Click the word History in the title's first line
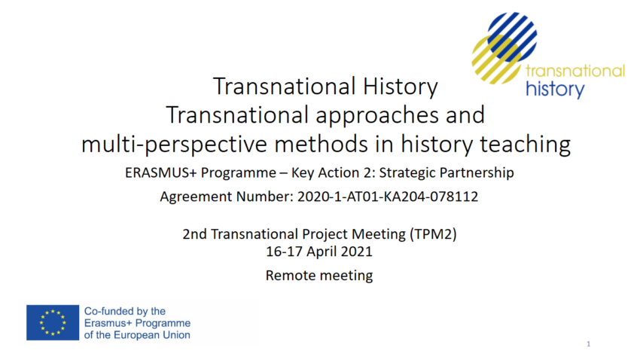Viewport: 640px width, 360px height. click(x=400, y=87)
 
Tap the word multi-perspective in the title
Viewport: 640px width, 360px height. click(x=175, y=145)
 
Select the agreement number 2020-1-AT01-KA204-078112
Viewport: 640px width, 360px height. click(x=387, y=197)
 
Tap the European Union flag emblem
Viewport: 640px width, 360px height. click(x=53, y=322)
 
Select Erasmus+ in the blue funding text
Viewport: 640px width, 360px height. click(x=108, y=323)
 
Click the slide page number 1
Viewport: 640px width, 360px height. click(x=589, y=344)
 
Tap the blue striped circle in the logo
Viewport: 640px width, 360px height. click(x=512, y=37)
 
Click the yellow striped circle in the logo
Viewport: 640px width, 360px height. click(x=497, y=59)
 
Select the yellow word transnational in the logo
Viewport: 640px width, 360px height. click(x=575, y=71)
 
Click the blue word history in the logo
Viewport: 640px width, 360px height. click(x=555, y=90)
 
